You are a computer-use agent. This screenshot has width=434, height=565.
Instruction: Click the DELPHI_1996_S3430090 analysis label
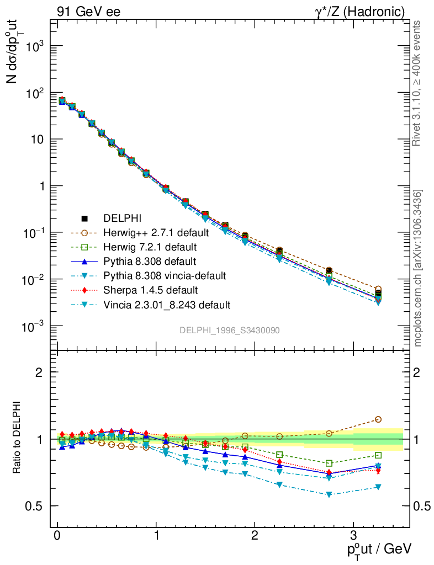coord(229,330)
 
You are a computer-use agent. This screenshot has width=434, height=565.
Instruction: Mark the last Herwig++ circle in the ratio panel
coord(378,419)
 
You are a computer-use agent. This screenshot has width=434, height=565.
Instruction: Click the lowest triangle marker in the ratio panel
coord(329,494)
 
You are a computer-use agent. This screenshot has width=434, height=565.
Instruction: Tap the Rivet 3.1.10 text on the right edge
coord(417,83)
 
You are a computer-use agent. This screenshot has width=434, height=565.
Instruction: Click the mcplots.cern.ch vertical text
coord(418,268)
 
